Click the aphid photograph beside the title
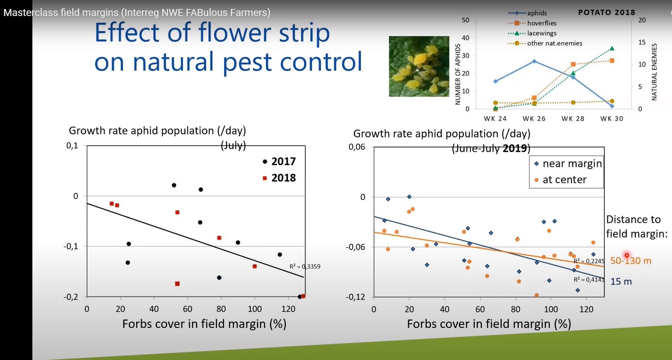point(419,66)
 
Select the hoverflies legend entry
point(541,23)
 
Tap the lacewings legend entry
point(541,33)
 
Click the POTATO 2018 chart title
point(607,12)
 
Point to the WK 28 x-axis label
point(573,119)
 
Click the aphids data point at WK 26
point(534,61)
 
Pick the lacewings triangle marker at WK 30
point(612,48)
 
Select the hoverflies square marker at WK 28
point(573,64)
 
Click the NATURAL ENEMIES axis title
point(654,71)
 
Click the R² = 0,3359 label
point(305,267)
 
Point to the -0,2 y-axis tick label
point(71,297)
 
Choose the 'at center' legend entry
point(564,180)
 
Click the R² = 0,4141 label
point(589,280)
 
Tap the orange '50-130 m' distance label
point(631,261)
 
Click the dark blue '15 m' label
point(621,282)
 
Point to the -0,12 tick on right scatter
point(355,297)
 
